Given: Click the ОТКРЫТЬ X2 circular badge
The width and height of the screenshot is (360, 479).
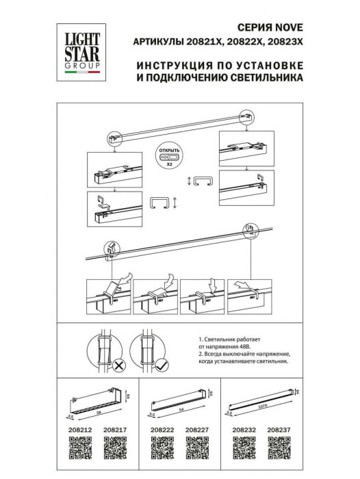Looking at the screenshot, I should [168, 153].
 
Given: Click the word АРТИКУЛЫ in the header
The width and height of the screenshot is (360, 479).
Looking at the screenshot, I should [157, 42].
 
